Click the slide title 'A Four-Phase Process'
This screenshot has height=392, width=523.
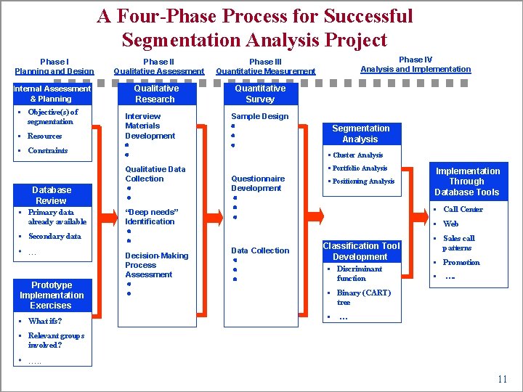(255, 28)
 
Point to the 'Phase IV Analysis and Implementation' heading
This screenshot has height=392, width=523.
(415, 65)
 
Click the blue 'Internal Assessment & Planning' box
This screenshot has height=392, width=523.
(52, 94)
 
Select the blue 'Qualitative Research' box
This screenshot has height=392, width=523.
(155, 94)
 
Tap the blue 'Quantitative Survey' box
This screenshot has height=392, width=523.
(260, 94)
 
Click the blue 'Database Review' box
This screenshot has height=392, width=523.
(52, 195)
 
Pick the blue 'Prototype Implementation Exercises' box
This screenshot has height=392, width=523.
(52, 295)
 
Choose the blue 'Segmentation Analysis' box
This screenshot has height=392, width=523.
(360, 134)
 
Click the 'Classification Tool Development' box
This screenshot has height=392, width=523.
(361, 251)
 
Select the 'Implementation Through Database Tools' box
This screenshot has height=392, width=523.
(467, 181)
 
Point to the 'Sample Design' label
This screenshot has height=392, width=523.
(259, 116)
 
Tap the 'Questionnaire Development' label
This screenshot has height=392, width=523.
(257, 183)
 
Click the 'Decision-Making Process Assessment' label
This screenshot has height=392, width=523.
(156, 265)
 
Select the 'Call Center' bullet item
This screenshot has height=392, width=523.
(463, 209)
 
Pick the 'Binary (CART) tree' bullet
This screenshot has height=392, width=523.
(363, 297)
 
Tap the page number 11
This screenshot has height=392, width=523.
(502, 380)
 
